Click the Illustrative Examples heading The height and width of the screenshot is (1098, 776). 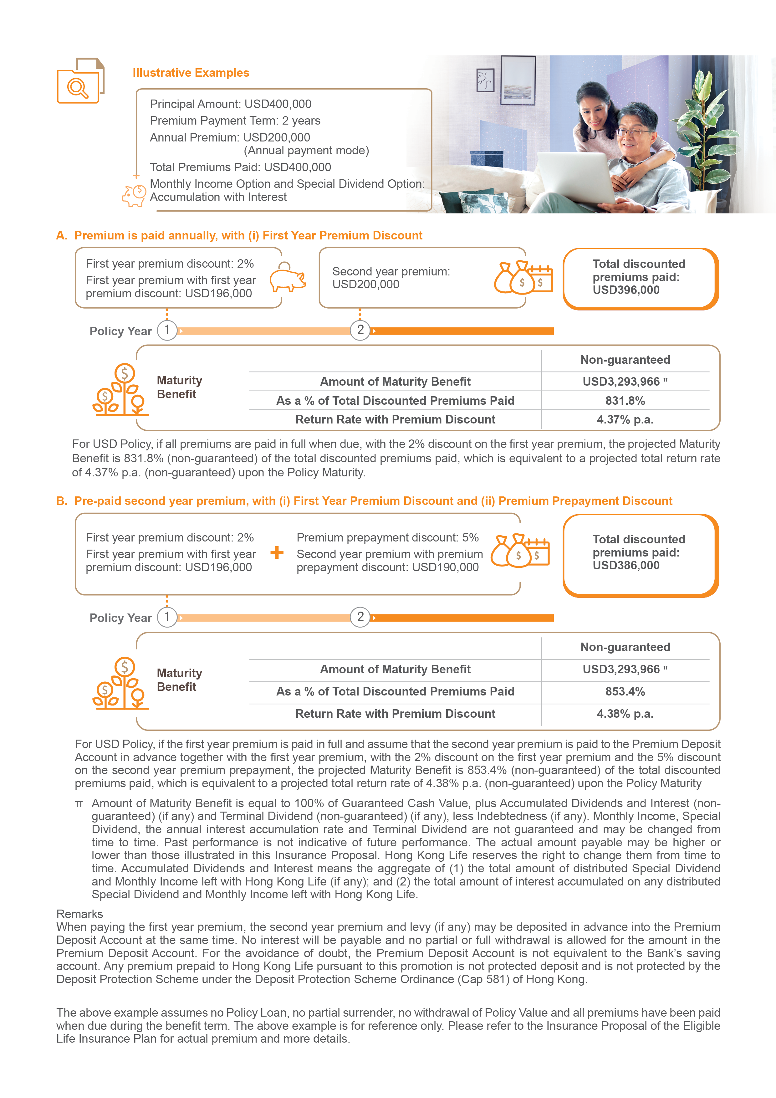[x=191, y=73]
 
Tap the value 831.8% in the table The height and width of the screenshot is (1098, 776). [x=625, y=401]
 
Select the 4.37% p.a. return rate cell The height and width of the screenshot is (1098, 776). [x=625, y=420]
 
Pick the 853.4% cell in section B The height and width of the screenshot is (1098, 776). [x=625, y=691]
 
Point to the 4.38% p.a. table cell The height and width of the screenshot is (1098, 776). [x=625, y=714]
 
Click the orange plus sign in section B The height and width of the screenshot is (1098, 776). [x=277, y=553]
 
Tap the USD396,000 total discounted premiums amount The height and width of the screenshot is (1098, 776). [x=626, y=290]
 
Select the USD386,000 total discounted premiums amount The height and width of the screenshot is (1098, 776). [x=626, y=566]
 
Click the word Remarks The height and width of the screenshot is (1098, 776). [x=79, y=914]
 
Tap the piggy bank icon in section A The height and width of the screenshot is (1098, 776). [x=287, y=278]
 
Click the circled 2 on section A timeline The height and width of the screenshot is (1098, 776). [x=360, y=330]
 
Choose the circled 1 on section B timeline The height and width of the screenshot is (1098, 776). [x=167, y=617]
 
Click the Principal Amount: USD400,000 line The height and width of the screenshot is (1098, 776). [x=231, y=104]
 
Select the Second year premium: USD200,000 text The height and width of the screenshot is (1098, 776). [x=391, y=278]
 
